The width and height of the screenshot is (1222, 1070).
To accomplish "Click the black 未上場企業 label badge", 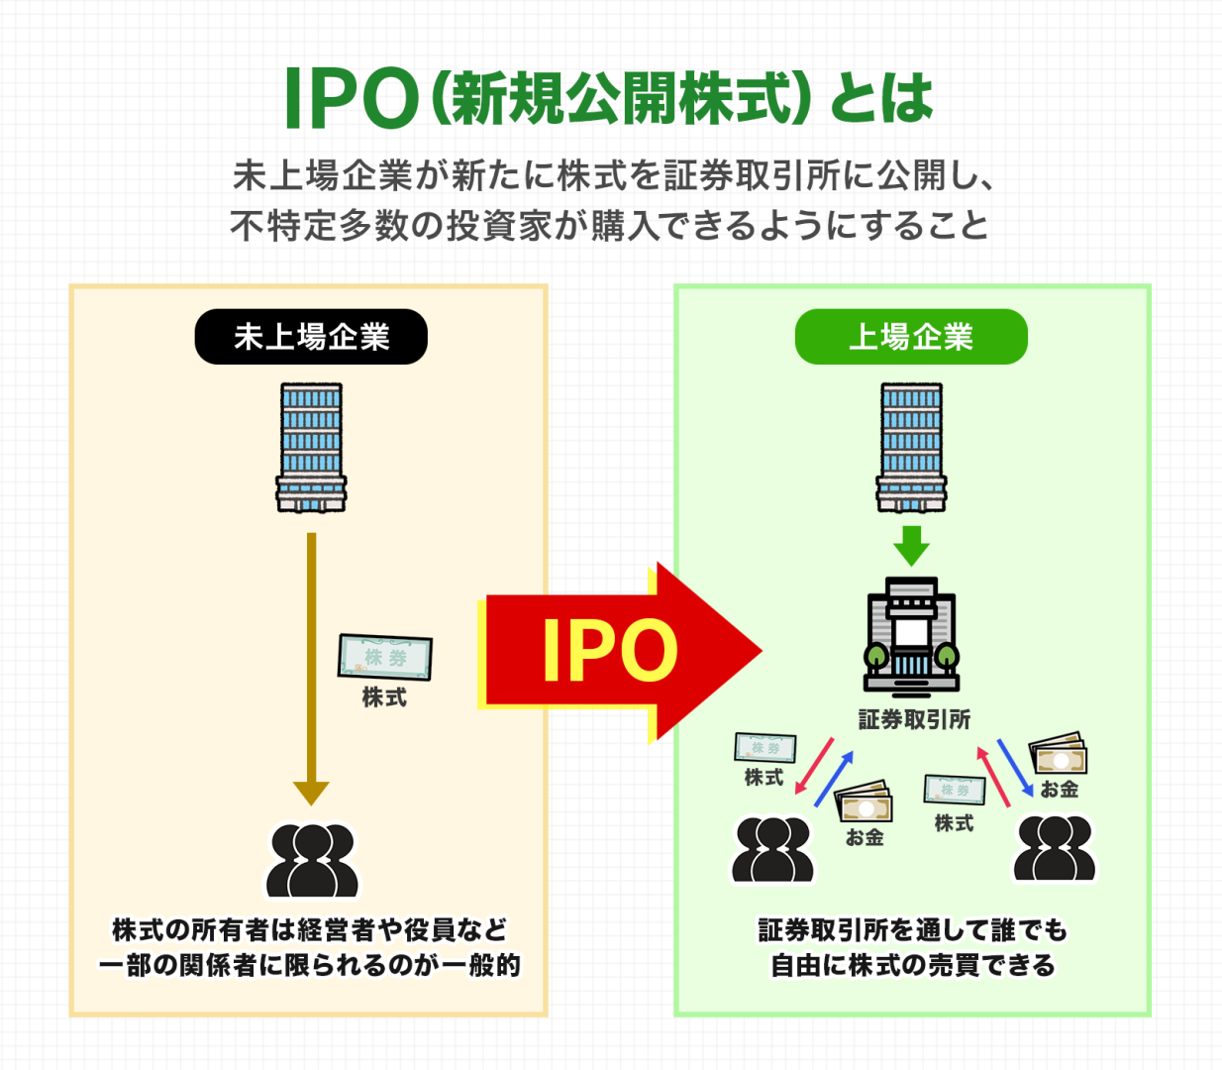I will coord(311,337).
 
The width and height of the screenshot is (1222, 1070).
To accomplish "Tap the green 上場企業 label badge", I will coord(911,337).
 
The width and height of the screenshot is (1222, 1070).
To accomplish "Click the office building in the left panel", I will coord(311,448).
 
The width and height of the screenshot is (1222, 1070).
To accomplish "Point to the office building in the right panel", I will coord(911,448).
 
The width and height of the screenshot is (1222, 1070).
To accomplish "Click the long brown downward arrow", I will coord(311,664).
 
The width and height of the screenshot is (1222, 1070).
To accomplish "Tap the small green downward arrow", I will coord(911,546).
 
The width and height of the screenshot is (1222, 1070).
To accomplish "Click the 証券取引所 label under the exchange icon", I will coord(913,719).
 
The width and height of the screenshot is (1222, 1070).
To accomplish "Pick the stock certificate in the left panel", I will coord(385,657).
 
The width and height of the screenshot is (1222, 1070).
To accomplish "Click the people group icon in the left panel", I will coord(311,860).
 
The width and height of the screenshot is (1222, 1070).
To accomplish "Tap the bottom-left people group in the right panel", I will coord(772,849).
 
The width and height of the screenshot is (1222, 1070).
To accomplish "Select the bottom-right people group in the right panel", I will coord(1055,849).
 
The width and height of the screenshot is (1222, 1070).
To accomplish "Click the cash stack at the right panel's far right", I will coord(1058,756).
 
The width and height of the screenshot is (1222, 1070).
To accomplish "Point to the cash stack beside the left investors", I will coord(864,802).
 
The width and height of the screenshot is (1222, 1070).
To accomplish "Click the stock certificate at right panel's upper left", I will coord(764,747).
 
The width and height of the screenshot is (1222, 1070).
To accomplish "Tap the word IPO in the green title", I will coord(351,99).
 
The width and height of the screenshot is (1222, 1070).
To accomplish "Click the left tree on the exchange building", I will coord(875,657).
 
